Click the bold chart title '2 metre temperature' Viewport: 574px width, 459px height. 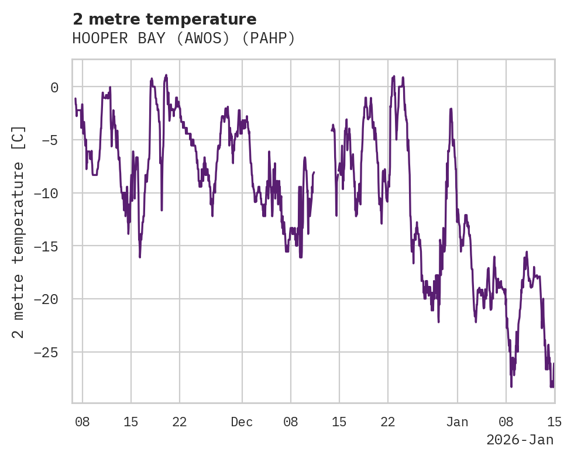tap(164, 19)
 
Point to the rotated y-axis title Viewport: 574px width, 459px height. tap(18, 232)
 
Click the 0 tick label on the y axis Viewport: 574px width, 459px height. tap(54, 88)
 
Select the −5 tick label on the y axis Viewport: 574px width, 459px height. tap(50, 140)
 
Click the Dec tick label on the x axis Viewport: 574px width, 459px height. tap(242, 422)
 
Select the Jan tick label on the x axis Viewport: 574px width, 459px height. tap(457, 422)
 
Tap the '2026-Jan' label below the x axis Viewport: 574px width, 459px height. tap(520, 440)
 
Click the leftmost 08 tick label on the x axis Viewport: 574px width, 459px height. tap(83, 422)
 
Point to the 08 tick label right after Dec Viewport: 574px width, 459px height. tap(290, 422)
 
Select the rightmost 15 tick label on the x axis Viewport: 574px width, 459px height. tap(554, 422)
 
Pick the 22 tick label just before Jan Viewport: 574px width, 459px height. tap(387, 422)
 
